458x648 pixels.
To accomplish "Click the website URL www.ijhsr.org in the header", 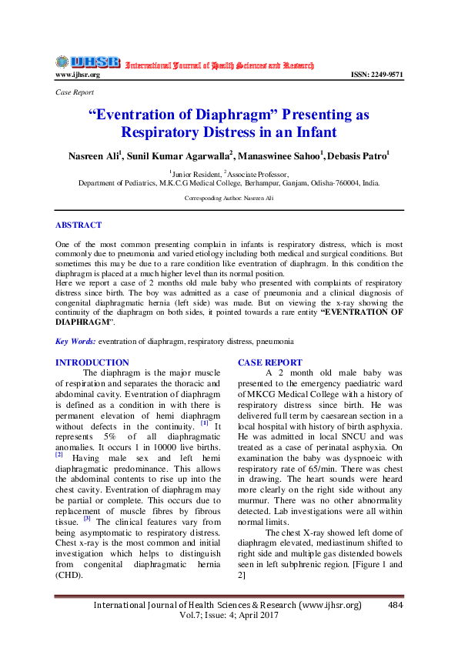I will pos(78,75).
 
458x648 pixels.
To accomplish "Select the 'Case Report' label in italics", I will pos(75,92).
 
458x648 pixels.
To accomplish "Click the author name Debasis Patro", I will pos(357,155).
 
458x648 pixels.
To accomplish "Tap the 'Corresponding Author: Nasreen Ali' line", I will pos(229,198).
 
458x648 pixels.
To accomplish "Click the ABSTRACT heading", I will pos(78,225).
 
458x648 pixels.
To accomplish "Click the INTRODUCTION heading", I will pos(92,362).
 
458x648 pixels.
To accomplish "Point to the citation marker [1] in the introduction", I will pos(204,423).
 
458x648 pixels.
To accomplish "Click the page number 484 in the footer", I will pos(396,606).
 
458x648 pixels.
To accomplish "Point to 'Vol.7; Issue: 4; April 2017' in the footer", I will pos(229,616).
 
